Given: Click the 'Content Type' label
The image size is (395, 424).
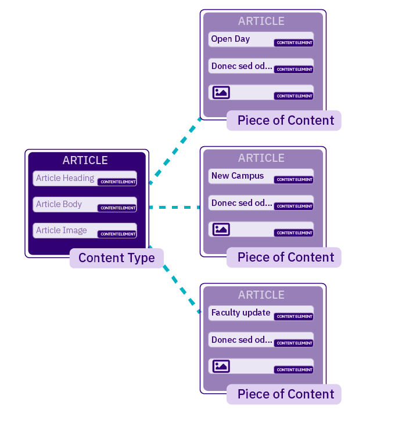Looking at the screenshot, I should pyautogui.click(x=116, y=258).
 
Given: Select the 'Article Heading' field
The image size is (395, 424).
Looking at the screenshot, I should pyautogui.click(x=65, y=178).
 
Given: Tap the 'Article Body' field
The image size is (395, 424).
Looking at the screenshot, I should pyautogui.click(x=59, y=204).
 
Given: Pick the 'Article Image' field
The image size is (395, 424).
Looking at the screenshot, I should pyautogui.click(x=62, y=230).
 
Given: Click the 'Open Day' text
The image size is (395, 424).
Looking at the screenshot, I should pyautogui.click(x=231, y=39).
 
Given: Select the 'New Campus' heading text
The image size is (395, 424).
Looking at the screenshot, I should pyautogui.click(x=238, y=176).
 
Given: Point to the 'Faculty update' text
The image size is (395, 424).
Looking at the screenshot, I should pyautogui.click(x=241, y=313).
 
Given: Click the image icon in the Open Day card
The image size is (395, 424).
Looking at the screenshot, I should pyautogui.click(x=221, y=92).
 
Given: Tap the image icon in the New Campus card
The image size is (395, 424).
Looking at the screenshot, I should pyautogui.click(x=221, y=229).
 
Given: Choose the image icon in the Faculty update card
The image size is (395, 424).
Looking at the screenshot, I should pyautogui.click(x=221, y=366).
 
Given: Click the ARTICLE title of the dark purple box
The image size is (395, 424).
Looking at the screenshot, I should pyautogui.click(x=85, y=160).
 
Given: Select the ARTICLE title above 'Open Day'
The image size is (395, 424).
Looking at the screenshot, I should pyautogui.click(x=261, y=21).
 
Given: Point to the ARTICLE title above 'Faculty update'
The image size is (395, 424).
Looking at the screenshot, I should pyautogui.click(x=261, y=295).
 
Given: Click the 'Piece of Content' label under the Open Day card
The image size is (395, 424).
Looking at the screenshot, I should pyautogui.click(x=286, y=121).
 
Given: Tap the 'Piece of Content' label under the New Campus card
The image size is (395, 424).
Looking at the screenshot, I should pyautogui.click(x=286, y=258).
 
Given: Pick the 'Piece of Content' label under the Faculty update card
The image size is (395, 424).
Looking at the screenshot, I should pyautogui.click(x=286, y=394).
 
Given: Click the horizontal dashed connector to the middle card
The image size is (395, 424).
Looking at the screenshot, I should pyautogui.click(x=174, y=206).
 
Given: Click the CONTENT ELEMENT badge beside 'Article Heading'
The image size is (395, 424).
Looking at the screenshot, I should pyautogui.click(x=117, y=182).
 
